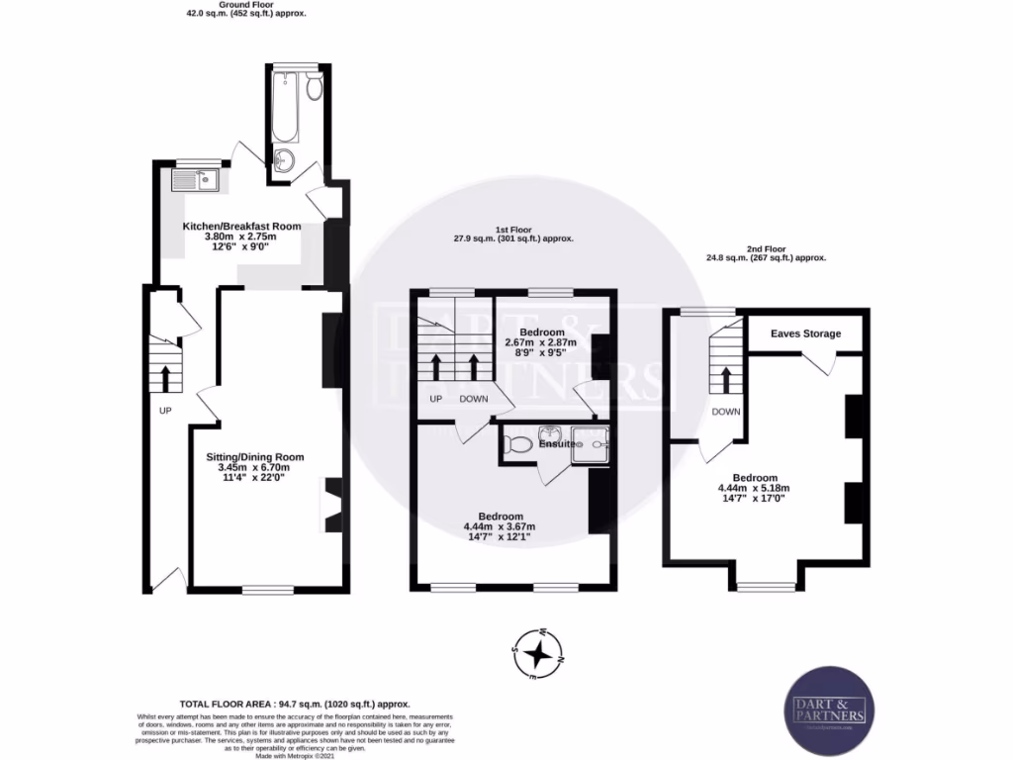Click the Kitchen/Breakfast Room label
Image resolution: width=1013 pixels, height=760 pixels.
(241, 226)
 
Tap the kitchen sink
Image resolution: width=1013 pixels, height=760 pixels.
(194, 179)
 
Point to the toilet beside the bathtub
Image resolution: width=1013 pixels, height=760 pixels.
(314, 89)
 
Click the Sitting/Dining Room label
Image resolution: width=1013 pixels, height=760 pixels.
(254, 456)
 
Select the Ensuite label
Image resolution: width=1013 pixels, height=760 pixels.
(557, 444)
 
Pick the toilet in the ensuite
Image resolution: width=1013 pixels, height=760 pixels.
(514, 444)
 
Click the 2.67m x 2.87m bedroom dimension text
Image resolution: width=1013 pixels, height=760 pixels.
(541, 342)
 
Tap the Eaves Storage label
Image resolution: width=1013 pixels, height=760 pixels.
(806, 333)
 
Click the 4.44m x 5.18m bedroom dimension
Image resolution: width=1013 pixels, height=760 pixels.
(754, 488)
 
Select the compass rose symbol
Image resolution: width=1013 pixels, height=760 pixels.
(537, 653)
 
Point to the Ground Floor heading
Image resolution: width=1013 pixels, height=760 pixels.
(246, 9)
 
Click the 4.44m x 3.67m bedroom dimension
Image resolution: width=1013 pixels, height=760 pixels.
(500, 526)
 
